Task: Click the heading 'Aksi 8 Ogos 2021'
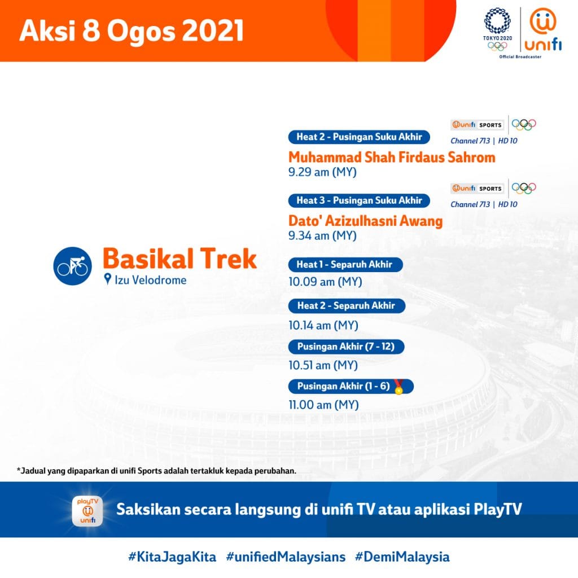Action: coord(132,32)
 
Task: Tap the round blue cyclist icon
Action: coord(72,265)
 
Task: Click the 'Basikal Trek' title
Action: coord(179,259)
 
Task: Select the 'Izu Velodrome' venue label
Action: coord(150,279)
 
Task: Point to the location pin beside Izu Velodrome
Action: coord(108,279)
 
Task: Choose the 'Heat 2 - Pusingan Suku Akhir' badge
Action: coord(359,137)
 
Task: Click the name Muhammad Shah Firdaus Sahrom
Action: coord(392,157)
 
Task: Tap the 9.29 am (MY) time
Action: coord(322,172)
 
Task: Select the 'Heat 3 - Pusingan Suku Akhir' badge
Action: coord(359,200)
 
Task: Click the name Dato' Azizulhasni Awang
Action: coord(365,221)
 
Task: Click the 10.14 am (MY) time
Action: coord(323,325)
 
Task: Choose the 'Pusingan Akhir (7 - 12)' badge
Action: coord(346,347)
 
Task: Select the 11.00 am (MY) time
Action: coord(323,405)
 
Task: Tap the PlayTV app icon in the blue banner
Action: coord(87,510)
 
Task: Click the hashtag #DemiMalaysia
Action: coord(402,557)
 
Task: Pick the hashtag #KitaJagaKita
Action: coord(172,557)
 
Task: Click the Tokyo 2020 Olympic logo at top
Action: coord(497,28)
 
